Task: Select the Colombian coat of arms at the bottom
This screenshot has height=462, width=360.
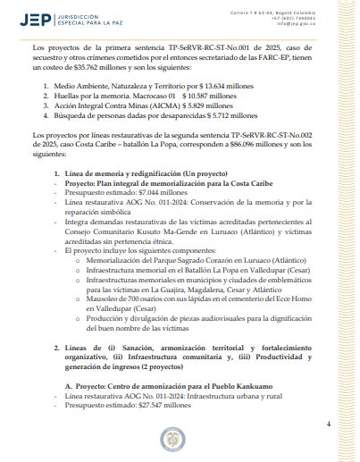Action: click(x=180, y=439)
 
